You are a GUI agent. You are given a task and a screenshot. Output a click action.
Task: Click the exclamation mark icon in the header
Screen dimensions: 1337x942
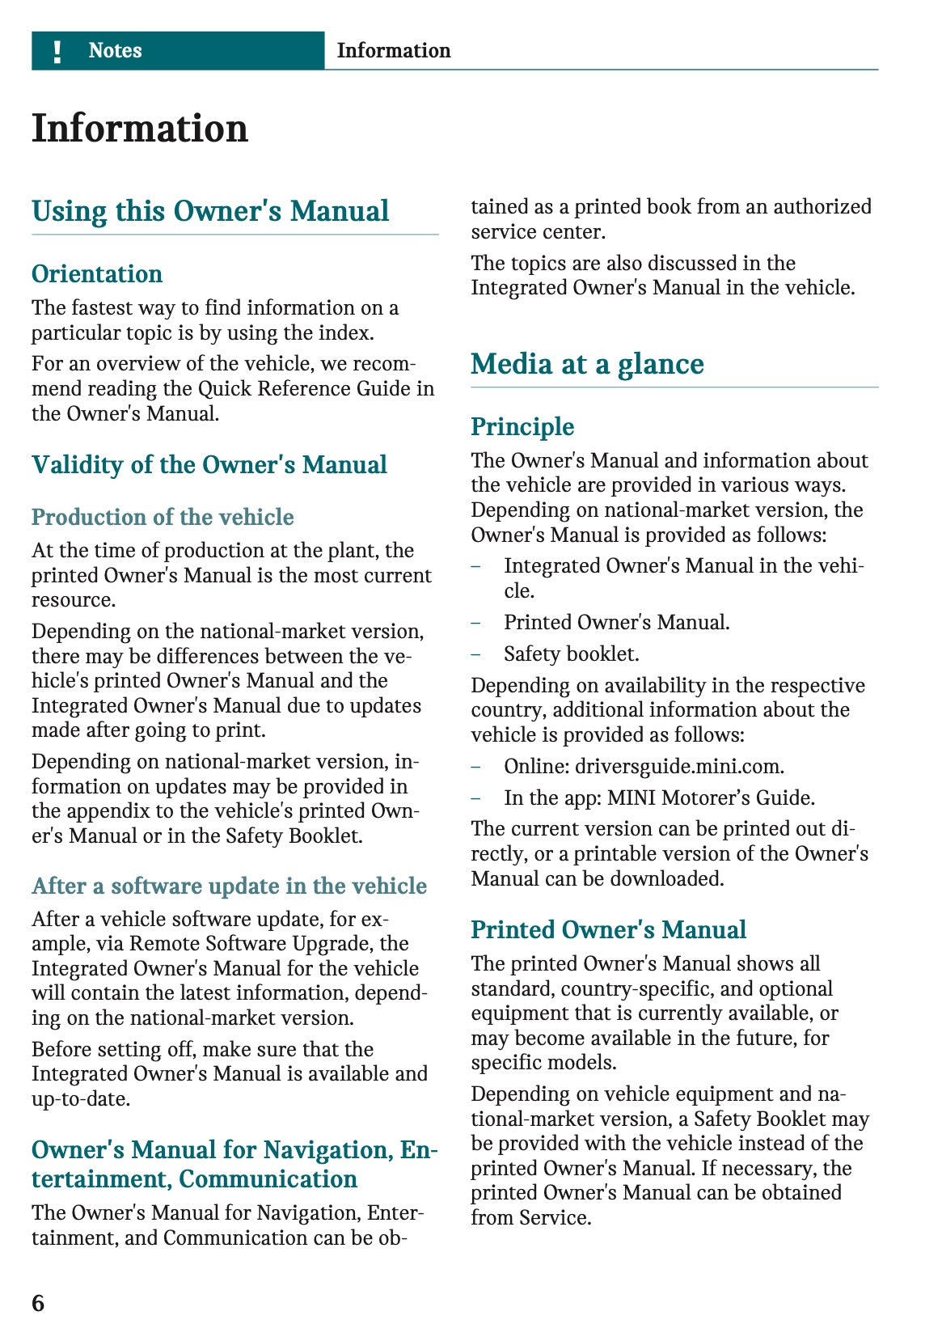pos(57,52)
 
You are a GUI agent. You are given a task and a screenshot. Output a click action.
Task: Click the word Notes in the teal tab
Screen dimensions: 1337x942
pos(115,51)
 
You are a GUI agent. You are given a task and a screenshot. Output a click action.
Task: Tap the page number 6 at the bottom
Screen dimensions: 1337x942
pos(38,1303)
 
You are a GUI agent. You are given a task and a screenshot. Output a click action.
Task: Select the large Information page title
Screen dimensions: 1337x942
pos(140,129)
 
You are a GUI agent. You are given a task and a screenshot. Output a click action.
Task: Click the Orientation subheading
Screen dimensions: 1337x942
pos(97,274)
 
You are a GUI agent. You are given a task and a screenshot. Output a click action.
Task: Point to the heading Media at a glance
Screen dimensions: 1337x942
pos(587,364)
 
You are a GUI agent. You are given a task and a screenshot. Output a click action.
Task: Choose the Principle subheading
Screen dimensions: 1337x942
pos(522,427)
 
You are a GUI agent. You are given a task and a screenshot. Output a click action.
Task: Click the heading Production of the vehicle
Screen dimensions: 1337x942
pos(163,517)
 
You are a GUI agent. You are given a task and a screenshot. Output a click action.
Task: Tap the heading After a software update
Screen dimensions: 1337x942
pos(229,886)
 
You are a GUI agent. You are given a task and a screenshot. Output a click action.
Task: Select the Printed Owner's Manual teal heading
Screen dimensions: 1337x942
pos(608,930)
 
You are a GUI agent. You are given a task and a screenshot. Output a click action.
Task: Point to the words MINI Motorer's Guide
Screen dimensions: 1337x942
pos(711,798)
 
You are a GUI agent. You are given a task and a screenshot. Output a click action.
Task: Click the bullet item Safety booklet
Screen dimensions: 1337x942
pos(571,654)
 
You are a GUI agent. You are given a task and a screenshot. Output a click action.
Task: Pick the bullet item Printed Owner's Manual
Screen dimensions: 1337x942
pos(616,622)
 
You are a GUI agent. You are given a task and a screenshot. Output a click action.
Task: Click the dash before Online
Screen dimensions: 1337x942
pos(476,766)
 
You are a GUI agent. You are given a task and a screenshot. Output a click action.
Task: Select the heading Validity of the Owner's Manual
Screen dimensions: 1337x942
pos(209,465)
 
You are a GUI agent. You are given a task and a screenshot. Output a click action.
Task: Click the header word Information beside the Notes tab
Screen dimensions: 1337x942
pos(394,51)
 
